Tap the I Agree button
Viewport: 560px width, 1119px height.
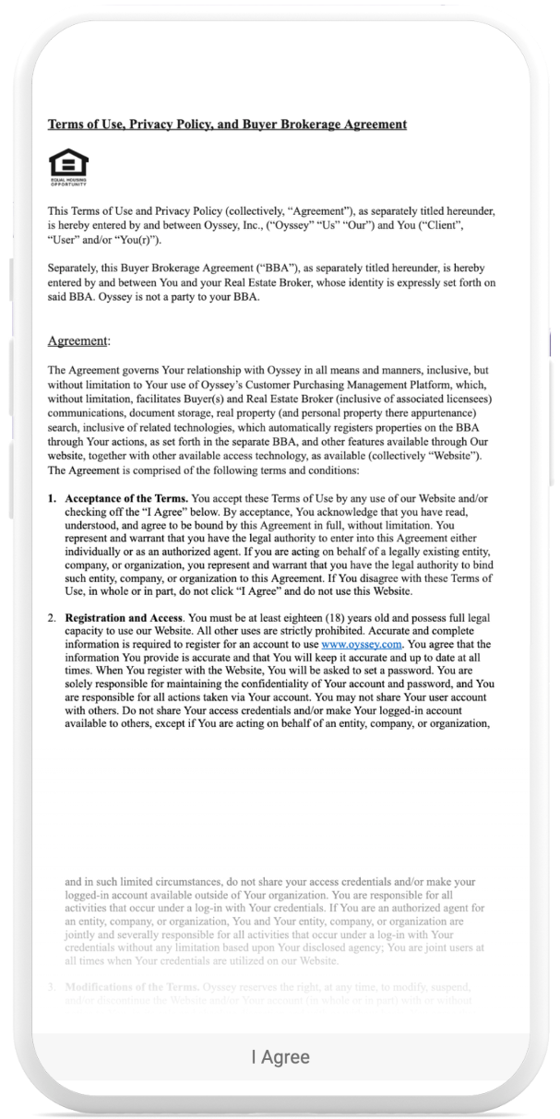point(280,1057)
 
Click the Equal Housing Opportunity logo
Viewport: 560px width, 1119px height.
point(68,167)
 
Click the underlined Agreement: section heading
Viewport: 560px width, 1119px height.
point(78,341)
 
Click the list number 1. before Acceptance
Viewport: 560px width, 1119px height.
point(54,498)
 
